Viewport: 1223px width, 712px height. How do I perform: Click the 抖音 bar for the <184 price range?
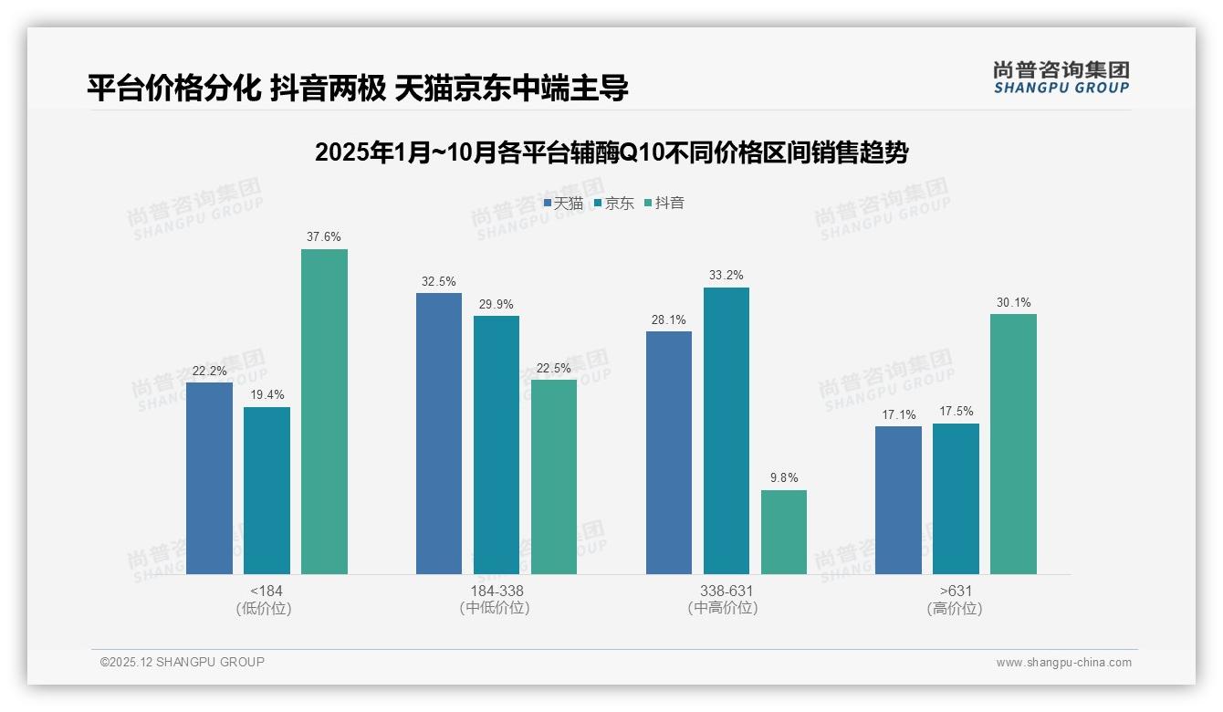click(324, 412)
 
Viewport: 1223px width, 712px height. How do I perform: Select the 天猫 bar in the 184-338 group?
click(439, 434)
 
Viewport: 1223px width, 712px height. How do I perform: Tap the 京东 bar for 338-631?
click(726, 431)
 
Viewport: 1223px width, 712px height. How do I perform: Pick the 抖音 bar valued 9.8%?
click(783, 532)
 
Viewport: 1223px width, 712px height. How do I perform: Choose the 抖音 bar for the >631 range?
click(1013, 444)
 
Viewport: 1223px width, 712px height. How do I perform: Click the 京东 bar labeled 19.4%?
click(267, 490)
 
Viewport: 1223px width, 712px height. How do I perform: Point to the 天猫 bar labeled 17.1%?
click(898, 500)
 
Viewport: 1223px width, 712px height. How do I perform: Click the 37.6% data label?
click(324, 237)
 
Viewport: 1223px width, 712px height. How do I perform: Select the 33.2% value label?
click(726, 276)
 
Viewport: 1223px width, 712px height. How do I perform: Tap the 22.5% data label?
click(554, 368)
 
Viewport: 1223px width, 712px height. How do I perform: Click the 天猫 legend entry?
click(564, 203)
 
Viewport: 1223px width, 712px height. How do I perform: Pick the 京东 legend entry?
click(614, 203)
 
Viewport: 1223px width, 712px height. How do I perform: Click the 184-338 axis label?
click(497, 591)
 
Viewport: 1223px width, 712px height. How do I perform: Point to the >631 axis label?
click(955, 591)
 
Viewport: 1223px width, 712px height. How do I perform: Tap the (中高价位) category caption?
click(726, 608)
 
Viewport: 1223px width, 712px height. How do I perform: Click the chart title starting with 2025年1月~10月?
click(611, 152)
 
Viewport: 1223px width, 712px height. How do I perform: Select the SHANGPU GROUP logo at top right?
click(1061, 78)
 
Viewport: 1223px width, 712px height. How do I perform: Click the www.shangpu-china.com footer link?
click(1063, 663)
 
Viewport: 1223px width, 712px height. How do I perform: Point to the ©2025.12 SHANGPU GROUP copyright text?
click(183, 663)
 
